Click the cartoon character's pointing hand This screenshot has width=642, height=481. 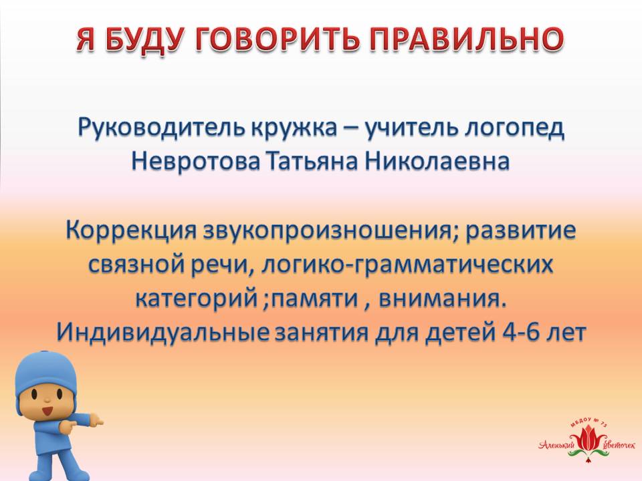(96, 421)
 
